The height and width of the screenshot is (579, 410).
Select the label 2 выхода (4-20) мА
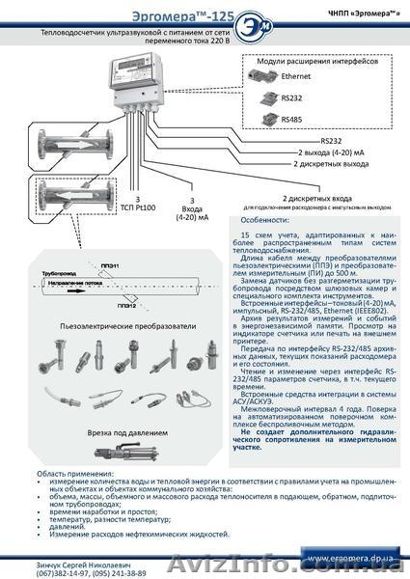(x=331, y=152)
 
